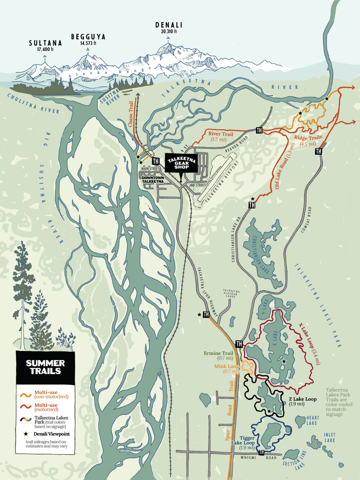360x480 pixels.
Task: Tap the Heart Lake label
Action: (x=312, y=420)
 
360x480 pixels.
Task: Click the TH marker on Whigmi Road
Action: (x=262, y=452)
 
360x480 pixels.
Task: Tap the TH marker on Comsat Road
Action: (x=318, y=151)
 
